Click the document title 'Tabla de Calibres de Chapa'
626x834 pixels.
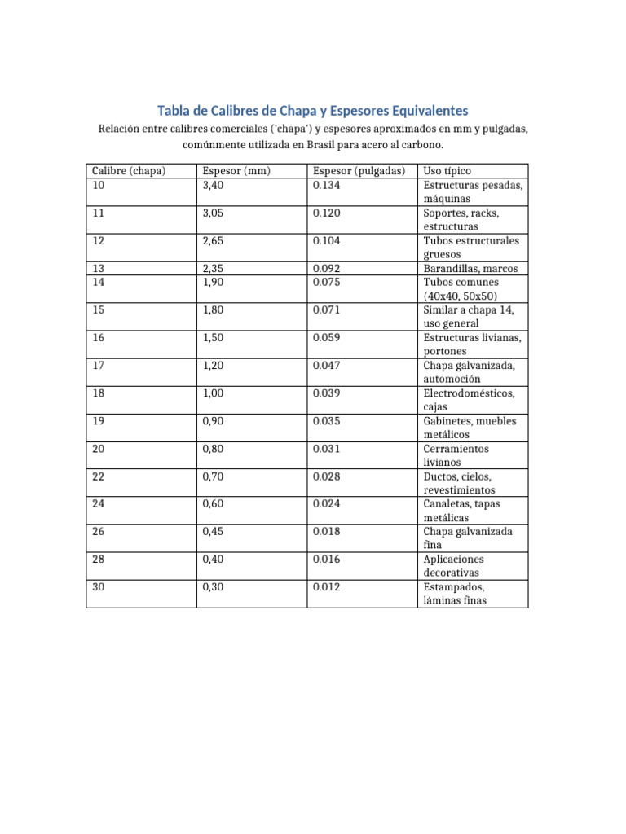click(x=313, y=110)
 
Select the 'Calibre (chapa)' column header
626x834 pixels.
click(x=129, y=171)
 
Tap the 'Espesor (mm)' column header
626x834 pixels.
click(x=236, y=171)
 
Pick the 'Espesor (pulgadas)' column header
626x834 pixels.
click(x=359, y=171)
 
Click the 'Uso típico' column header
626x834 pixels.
click(x=447, y=171)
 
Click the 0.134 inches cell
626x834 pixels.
click(x=326, y=185)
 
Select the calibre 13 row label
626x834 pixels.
click(x=99, y=268)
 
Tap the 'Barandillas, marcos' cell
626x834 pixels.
click(x=470, y=268)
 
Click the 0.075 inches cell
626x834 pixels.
click(x=326, y=282)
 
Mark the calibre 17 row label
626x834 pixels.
click(x=99, y=365)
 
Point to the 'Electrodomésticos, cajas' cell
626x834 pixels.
click(x=469, y=399)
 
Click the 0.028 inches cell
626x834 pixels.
click(x=326, y=476)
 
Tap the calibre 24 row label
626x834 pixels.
click(x=99, y=503)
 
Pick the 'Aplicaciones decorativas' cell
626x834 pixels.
click(x=454, y=565)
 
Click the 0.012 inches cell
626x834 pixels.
click(x=326, y=586)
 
